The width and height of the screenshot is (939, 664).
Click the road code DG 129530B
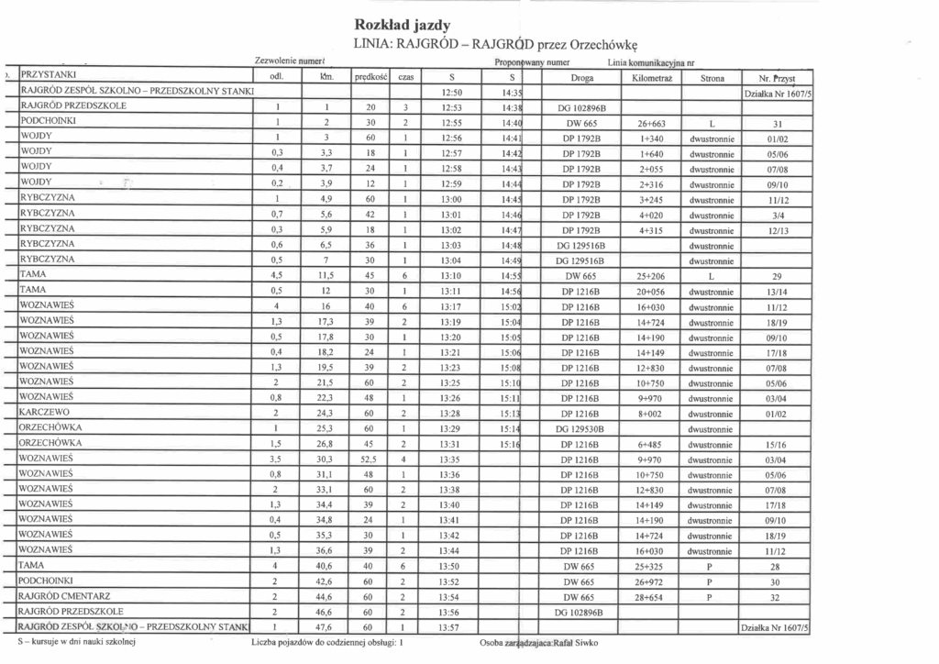point(580,427)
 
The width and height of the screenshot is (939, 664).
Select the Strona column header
point(713,78)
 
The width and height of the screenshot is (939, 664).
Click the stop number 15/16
point(776,443)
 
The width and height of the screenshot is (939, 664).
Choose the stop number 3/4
point(776,214)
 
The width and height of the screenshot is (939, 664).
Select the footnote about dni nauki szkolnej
point(77,643)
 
